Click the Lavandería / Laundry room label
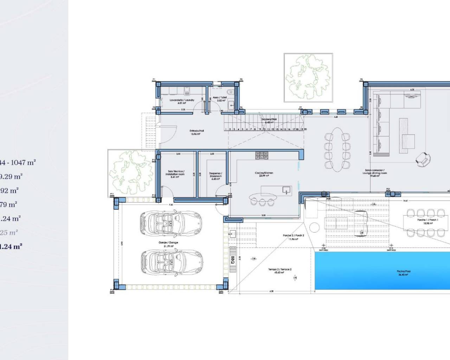coord(182,102)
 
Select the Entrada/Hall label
coord(197,132)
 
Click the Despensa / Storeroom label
coord(216,176)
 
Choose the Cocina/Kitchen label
coord(264,174)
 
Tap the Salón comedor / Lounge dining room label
coord(375,173)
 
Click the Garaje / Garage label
coord(168,244)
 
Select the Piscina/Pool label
coord(403,272)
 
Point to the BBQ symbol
coord(233,260)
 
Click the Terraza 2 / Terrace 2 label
coord(280,271)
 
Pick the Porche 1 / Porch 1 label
coord(427,221)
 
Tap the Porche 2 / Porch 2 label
coord(293,237)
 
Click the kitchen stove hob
coord(262,155)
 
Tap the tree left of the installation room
coord(131,173)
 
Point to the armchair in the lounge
coord(422,160)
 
